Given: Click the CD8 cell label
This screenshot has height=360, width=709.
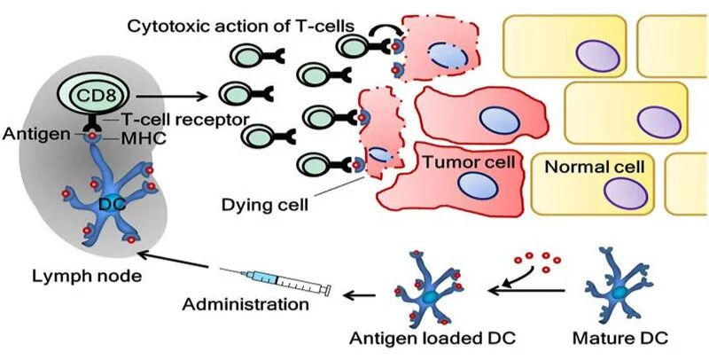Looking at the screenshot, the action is tap(96, 96).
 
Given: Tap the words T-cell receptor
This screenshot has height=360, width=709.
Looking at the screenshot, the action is tap(185, 120).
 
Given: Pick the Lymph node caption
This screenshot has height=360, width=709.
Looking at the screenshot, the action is tap(87, 275).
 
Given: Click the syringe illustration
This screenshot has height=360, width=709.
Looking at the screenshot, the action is tap(275, 281).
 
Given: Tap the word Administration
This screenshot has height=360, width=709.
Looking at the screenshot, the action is tap(245, 303).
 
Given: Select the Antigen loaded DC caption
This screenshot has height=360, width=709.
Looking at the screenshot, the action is tap(433, 338).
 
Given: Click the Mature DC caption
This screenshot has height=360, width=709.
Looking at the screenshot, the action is tap(620, 338).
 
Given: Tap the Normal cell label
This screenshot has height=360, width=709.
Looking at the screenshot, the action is tap(595, 167).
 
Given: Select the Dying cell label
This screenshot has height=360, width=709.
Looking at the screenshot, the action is tap(265, 205).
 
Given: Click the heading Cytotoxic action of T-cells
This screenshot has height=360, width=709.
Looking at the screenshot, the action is tap(240, 26).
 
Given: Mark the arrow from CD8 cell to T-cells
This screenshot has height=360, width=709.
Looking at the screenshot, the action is tap(172, 96).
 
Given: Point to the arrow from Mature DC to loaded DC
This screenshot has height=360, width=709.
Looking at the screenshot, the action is tap(526, 291).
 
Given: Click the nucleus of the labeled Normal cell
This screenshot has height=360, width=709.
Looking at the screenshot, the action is tap(626, 194).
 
